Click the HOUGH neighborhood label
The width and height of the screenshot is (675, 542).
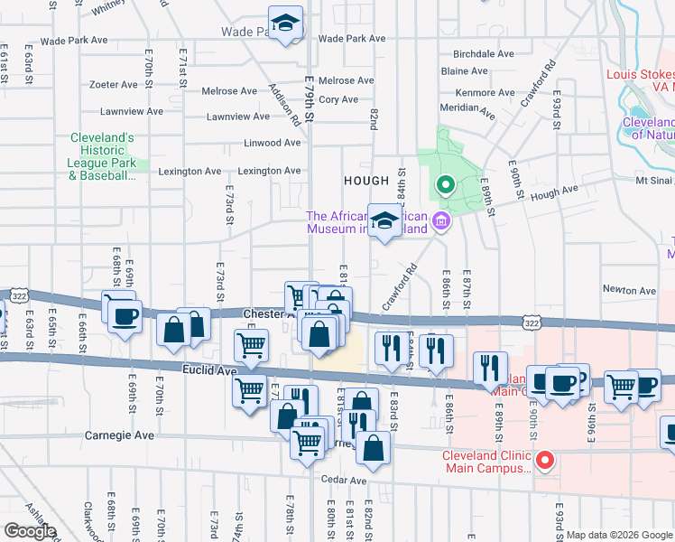366,181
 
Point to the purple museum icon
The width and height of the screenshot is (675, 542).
439,220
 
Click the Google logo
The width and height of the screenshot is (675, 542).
30,531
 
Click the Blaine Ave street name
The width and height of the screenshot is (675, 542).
465,71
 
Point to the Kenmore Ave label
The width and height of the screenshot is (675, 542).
486,93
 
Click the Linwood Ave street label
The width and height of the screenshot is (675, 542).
273,143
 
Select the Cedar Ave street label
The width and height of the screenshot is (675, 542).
347,481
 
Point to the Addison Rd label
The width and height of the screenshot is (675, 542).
283,104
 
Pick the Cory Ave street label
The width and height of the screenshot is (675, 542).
339,99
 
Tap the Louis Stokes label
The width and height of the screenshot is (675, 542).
640,76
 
